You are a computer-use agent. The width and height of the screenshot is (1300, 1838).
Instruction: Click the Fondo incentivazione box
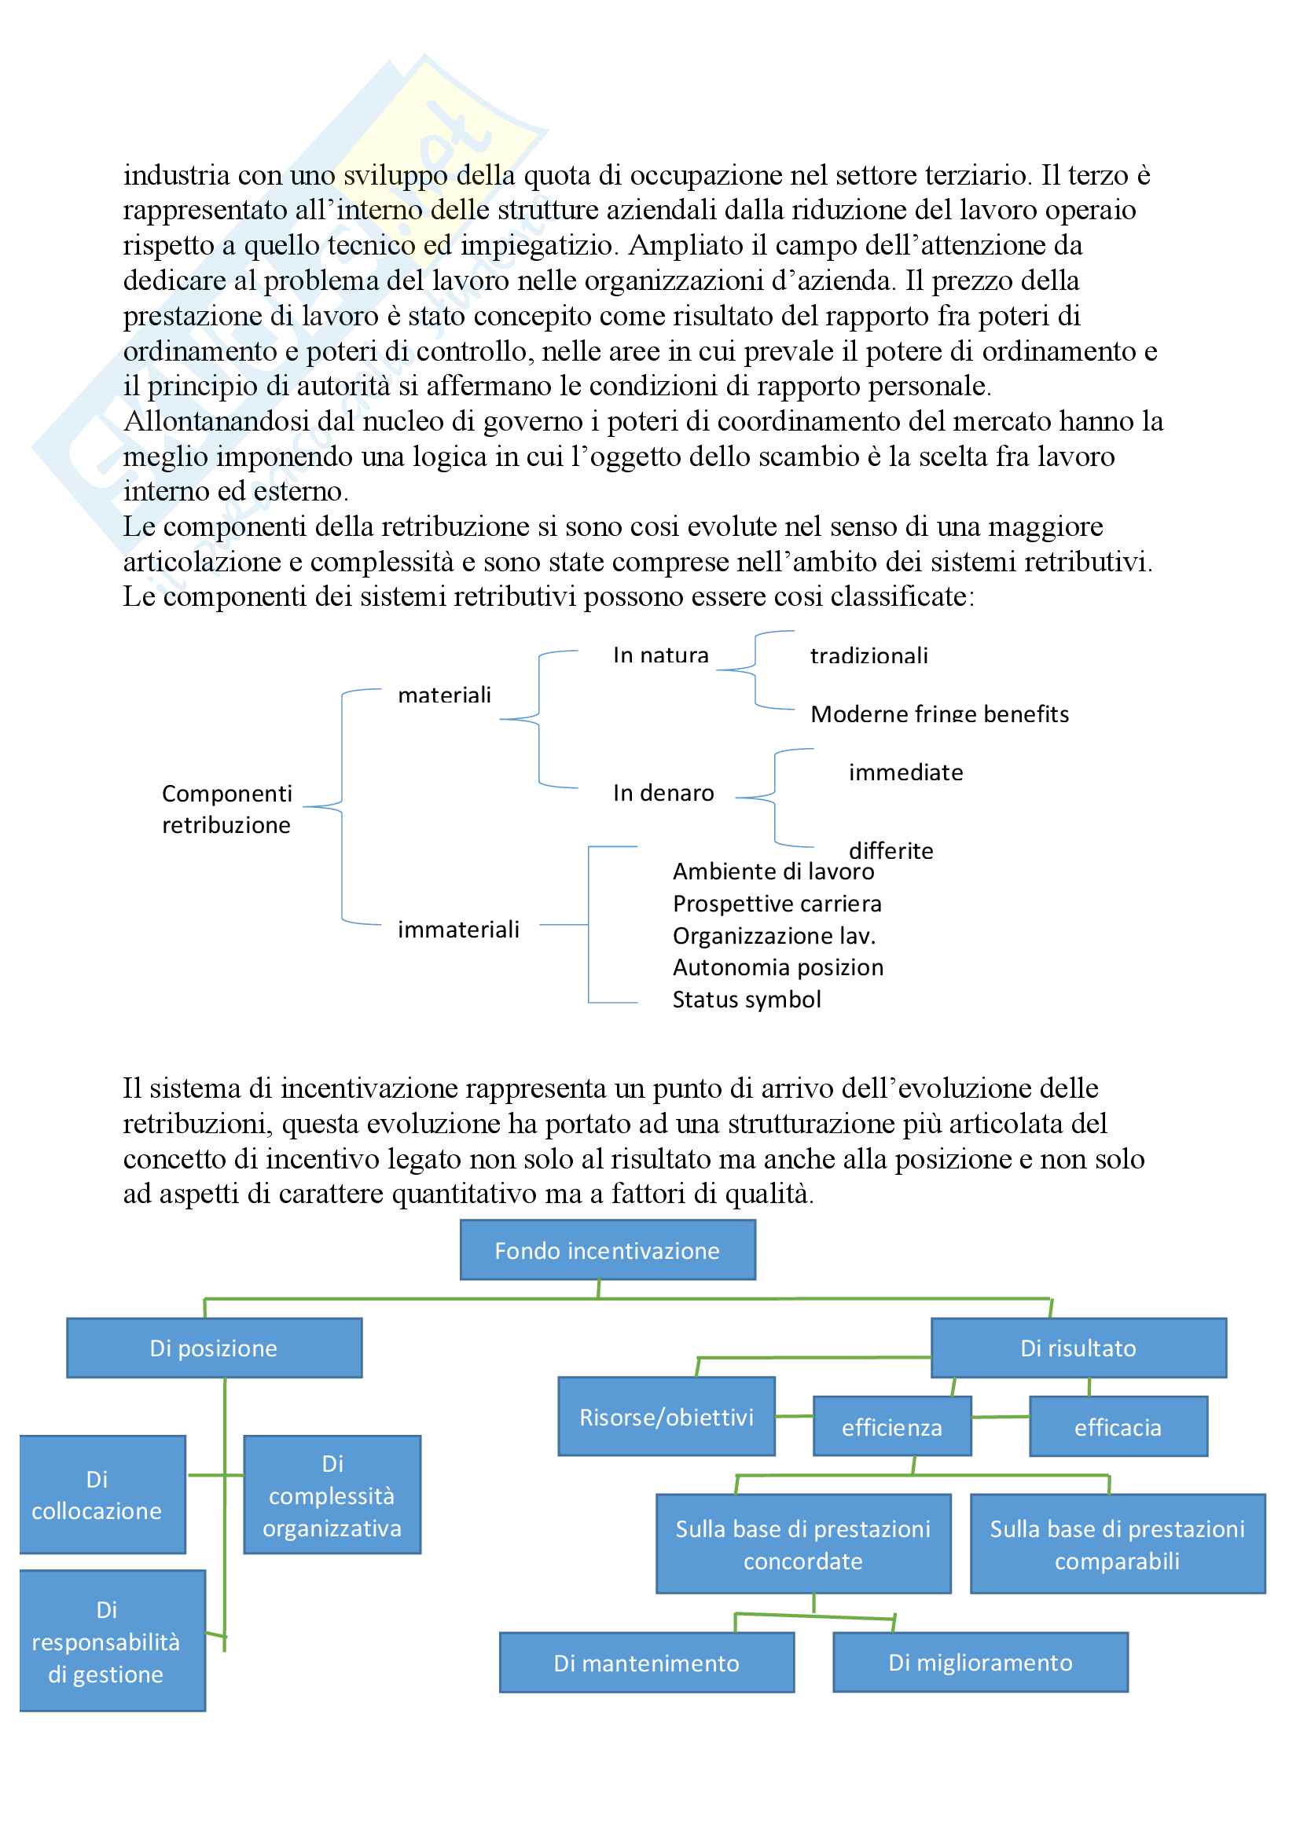[x=607, y=1249]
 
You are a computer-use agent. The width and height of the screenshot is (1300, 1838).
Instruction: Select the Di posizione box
[x=214, y=1348]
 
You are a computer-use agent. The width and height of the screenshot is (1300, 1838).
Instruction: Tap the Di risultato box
[x=1078, y=1348]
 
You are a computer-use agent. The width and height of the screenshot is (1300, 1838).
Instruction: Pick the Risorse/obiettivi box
[x=666, y=1417]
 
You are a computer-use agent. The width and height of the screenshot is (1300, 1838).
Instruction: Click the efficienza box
[x=892, y=1426]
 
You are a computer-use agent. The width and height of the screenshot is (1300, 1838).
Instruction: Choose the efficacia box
[x=1118, y=1426]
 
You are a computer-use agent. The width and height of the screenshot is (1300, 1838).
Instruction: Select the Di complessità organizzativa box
[x=332, y=1495]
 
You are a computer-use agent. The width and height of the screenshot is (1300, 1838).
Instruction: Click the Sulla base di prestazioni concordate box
[x=803, y=1544]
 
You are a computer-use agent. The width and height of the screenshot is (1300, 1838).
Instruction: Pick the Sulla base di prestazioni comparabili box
[x=1118, y=1544]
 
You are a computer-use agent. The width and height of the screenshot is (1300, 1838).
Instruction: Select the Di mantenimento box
[x=646, y=1663]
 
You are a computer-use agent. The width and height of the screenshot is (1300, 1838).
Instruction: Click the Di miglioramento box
[x=980, y=1662]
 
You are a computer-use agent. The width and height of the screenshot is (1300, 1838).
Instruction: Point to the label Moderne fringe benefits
[x=939, y=714]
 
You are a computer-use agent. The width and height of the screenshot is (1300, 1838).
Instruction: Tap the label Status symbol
[x=746, y=999]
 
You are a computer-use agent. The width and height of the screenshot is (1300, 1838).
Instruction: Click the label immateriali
[x=458, y=930]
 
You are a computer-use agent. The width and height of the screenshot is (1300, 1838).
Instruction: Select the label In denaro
[x=663, y=793]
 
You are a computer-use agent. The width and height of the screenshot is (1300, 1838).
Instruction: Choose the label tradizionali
[x=869, y=655]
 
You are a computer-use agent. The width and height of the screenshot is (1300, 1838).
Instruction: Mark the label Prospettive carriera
[x=777, y=904]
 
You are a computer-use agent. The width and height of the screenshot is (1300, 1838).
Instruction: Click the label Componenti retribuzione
[x=226, y=809]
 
